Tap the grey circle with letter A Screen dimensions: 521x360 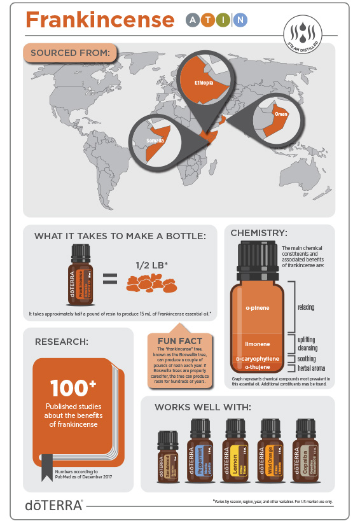coord(192,20)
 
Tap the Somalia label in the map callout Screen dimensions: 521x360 coord(155,140)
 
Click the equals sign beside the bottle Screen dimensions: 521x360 coord(111,278)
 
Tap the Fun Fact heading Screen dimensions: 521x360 coord(181,341)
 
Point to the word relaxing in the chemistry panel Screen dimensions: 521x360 coord(306,307)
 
